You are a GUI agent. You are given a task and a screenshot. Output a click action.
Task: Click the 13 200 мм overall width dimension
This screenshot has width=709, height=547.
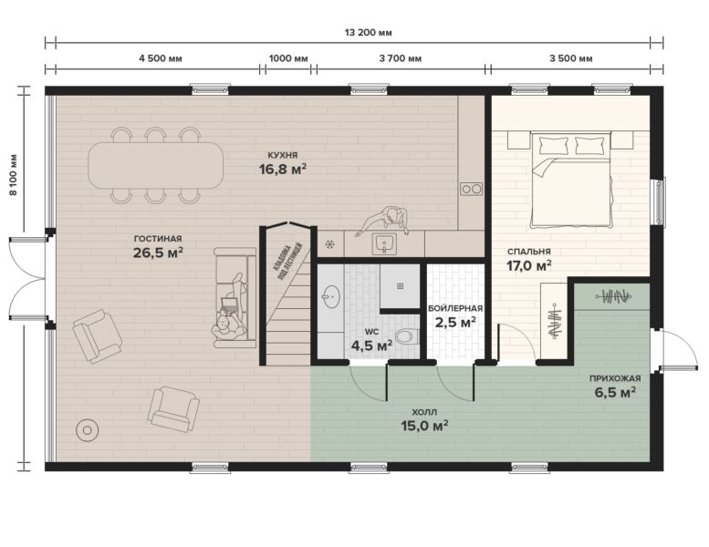(x=368, y=33)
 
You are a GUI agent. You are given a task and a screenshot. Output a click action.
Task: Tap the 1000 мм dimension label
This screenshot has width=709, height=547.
(x=288, y=58)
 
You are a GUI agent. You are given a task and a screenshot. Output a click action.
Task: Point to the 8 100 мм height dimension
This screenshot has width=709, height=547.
(x=13, y=175)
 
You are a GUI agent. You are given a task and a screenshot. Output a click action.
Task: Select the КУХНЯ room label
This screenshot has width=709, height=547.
(x=283, y=155)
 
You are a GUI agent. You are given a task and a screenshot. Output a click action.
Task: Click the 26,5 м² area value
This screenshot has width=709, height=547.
(x=158, y=253)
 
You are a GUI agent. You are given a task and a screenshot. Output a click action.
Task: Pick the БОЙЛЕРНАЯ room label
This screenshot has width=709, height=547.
(x=455, y=308)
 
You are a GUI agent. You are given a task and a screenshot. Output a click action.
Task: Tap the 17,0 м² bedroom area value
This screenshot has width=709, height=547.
(x=528, y=265)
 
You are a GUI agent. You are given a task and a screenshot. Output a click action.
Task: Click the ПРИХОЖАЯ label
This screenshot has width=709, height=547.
(x=615, y=378)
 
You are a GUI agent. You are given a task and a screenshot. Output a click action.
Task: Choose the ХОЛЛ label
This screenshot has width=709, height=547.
(x=424, y=412)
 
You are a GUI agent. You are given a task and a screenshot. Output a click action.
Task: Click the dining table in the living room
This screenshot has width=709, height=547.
(x=155, y=165)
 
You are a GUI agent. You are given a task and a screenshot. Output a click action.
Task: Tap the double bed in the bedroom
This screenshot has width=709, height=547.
(x=570, y=180)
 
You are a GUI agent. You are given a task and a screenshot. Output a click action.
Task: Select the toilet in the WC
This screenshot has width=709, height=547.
(x=406, y=336)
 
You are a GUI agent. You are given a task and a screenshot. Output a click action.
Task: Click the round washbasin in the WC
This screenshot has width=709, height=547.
(x=331, y=296)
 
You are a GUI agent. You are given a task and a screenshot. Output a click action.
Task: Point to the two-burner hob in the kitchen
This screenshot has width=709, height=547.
(x=471, y=189)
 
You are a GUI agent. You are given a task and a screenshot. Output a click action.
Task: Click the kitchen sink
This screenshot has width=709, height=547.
(x=384, y=244)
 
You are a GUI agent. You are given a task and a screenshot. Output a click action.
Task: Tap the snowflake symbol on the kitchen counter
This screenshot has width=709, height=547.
(x=330, y=245)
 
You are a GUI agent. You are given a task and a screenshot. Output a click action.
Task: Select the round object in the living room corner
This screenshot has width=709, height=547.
(x=88, y=430)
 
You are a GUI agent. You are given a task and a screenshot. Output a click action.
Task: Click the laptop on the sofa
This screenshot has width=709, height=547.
(x=229, y=304)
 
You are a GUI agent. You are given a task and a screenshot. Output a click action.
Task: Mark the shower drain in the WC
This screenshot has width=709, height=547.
(x=401, y=285)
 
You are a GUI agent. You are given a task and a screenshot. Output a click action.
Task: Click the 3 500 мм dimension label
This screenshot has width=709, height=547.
(x=570, y=58)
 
